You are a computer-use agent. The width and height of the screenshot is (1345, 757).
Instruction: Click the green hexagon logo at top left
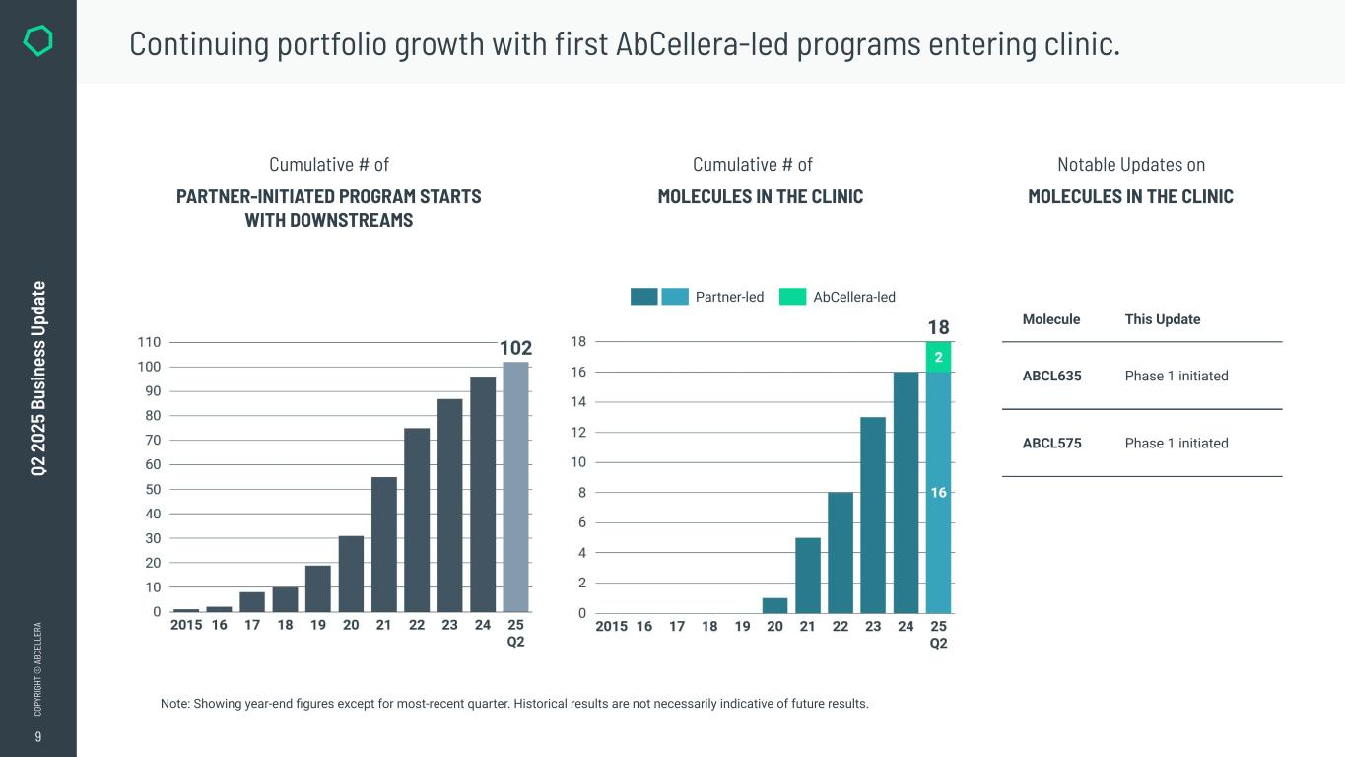click(37, 40)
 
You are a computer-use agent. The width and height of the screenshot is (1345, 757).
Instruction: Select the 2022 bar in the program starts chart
click(417, 519)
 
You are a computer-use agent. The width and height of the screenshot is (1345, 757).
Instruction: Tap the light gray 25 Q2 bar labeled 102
click(515, 487)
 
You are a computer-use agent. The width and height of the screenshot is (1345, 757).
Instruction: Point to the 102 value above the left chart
click(515, 348)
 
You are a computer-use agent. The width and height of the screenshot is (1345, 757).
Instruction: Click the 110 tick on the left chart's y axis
click(149, 342)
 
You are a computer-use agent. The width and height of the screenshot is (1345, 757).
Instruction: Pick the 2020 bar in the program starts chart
click(351, 574)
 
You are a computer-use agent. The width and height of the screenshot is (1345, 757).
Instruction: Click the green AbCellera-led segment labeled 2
click(938, 357)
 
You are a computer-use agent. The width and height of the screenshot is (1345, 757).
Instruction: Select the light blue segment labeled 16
click(938, 492)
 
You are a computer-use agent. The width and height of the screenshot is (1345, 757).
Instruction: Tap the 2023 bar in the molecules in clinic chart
click(873, 515)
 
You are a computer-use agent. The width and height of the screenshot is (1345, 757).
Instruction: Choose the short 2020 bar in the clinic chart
click(774, 605)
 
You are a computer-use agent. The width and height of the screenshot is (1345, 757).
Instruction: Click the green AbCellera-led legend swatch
click(792, 297)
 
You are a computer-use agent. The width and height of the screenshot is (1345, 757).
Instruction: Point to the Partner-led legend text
click(729, 297)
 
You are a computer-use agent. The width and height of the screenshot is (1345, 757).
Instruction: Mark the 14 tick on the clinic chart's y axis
click(578, 402)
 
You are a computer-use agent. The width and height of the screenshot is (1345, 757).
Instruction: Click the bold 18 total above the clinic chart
click(938, 327)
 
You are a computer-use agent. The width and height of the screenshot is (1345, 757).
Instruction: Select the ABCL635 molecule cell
click(1051, 376)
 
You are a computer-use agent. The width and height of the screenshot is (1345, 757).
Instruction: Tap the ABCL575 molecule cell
click(1051, 443)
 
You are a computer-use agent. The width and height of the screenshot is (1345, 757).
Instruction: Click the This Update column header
click(1162, 319)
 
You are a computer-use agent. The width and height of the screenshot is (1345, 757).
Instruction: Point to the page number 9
click(38, 737)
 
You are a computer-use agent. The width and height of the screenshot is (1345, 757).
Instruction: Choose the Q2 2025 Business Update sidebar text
click(38, 378)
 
